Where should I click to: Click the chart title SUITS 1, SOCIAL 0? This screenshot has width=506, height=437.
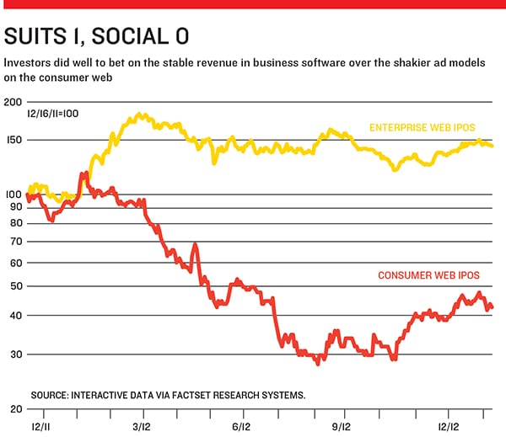96,36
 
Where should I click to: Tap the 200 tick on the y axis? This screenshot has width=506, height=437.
13,102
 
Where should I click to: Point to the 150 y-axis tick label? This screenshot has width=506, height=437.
13,141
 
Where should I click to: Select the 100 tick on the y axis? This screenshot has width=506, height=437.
13,195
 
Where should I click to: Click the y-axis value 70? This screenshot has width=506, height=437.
16,242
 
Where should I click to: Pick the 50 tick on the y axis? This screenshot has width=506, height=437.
16,286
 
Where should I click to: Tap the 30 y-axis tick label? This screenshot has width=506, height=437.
16,354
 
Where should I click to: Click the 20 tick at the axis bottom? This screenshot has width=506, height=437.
16,408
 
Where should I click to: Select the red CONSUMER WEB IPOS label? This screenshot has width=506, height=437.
428,275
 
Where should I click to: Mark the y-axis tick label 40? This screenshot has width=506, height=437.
16,316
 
